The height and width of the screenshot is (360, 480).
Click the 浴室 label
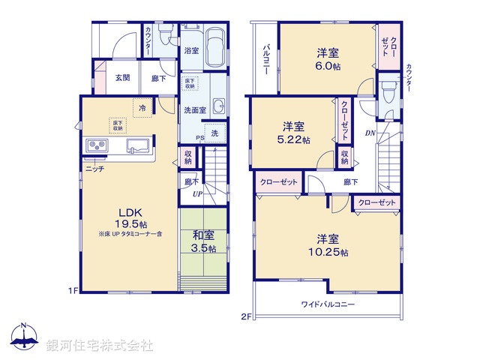[x=191, y=51]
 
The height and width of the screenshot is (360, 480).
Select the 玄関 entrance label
[x=124, y=77]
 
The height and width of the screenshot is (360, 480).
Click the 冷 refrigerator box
[x=142, y=108]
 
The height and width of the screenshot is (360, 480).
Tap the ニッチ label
[x=94, y=169]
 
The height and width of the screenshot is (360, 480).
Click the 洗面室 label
[x=195, y=110]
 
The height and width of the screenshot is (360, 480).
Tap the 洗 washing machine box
[x=214, y=133]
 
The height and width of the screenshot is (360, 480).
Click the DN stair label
[x=370, y=134]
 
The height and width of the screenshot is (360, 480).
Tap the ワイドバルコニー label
[x=328, y=304]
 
